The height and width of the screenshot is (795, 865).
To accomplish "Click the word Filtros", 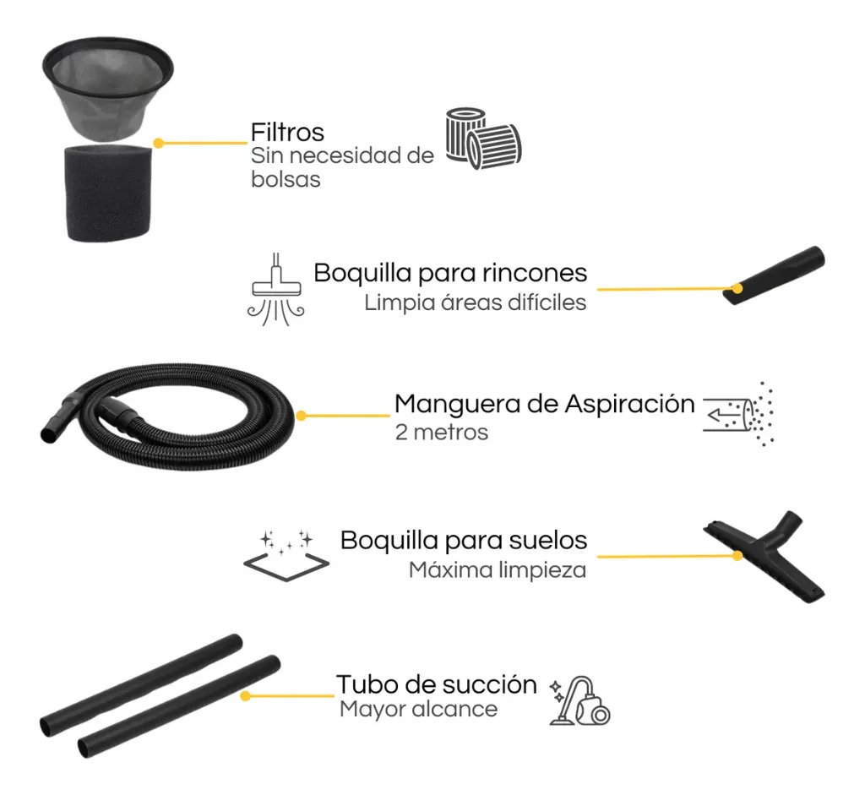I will pos(287,133).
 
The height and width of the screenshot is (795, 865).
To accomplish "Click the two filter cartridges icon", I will pos(482,139).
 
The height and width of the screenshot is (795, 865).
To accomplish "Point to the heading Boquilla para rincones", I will pos(450,273).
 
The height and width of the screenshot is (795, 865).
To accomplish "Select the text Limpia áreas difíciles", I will pos(475,302).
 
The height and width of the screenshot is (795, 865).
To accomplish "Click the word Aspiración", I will pos(628,404).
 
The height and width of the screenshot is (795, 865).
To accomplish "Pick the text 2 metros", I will pos(441,433).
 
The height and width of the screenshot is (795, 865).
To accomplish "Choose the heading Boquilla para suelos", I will pos(463,540).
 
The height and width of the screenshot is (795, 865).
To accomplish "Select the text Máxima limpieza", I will pos(497,569).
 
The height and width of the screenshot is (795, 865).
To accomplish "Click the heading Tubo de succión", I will pos(436,683).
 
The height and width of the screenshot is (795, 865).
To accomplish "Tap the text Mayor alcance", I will pos(418,709).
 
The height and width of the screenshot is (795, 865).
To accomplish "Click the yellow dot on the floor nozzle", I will pos(737,556).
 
